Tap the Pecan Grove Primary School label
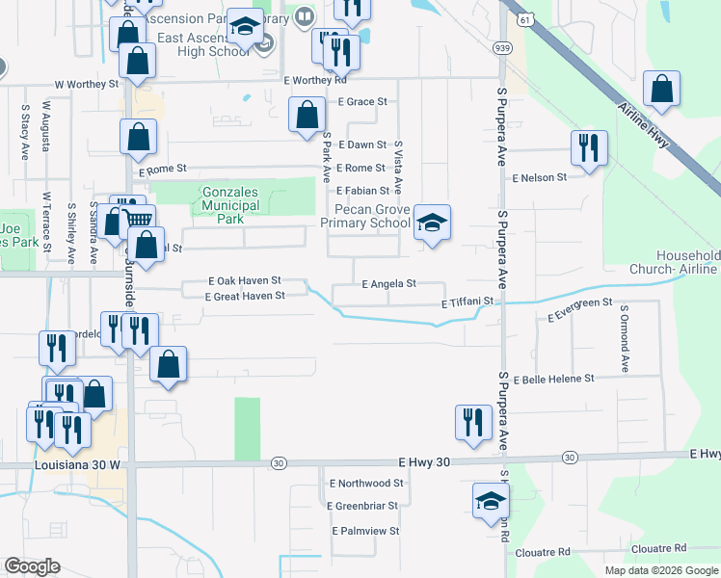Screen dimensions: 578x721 coord(366,216)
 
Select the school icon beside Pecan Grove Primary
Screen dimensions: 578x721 coord(432,223)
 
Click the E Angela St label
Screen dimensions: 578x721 coord(388,284)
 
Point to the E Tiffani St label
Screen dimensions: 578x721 coord(467,302)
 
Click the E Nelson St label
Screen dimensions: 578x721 coord(540,178)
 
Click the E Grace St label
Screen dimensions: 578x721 coord(361,101)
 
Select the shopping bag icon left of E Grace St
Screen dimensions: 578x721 coord(307,116)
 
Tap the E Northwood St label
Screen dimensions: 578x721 coord(365,483)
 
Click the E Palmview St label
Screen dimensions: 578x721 coord(365,531)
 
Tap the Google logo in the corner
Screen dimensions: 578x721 coord(33,566)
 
